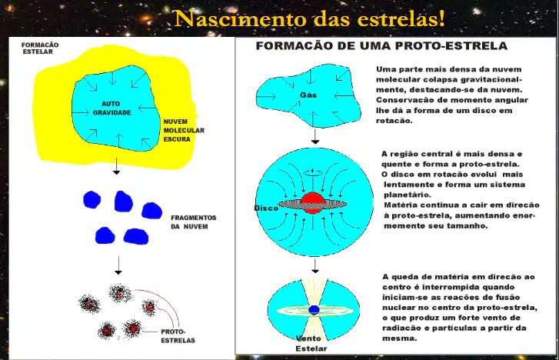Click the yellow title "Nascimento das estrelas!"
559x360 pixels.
coord(309,18)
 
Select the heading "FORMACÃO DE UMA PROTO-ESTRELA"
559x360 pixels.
coord(381,45)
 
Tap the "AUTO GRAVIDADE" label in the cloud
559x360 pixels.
coord(111,108)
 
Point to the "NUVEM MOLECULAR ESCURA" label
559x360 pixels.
coord(184,130)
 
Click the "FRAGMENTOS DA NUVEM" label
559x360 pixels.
coord(194,222)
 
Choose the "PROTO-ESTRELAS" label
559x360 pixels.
coord(178,335)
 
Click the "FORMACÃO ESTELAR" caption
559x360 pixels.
coord(40,48)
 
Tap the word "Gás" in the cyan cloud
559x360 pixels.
coord(308,95)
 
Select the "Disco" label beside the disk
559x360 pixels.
coord(266,208)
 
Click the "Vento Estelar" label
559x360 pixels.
coord(310,343)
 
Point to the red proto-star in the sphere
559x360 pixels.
coord(313,202)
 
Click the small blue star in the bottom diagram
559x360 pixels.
coord(314,310)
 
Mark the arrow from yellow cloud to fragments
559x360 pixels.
coord(116,166)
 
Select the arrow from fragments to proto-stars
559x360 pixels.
coord(118,265)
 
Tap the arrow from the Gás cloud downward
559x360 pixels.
coord(314,136)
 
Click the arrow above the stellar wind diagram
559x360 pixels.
coord(314,266)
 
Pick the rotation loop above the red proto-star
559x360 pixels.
coord(313,172)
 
